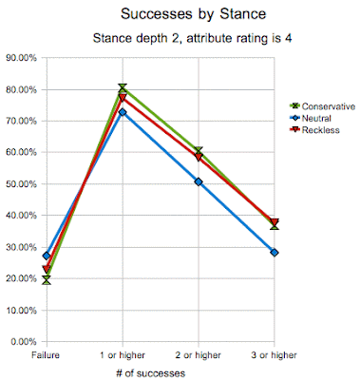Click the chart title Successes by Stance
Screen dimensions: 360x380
(193, 14)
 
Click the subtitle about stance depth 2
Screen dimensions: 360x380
(192, 38)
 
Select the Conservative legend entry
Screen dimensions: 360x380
(323, 106)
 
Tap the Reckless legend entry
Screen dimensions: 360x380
(314, 130)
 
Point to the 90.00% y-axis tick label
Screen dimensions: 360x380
(21, 58)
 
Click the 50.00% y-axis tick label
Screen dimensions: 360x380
(21, 184)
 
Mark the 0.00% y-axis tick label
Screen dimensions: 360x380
(24, 342)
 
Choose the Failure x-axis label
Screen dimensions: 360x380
(46, 355)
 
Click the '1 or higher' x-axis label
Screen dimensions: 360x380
(123, 355)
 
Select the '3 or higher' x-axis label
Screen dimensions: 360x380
(275, 355)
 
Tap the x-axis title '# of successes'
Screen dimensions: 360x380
(150, 373)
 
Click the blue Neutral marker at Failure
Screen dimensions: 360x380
(47, 256)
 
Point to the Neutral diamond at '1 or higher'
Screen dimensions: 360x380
(123, 112)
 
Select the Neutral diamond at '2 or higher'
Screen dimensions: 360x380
(199, 182)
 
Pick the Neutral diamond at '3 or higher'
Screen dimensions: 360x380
(275, 253)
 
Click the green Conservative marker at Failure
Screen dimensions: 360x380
(47, 280)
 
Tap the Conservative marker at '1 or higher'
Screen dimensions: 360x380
(123, 87)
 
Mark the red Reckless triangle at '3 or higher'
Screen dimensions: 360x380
(275, 221)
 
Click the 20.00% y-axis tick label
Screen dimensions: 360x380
(21, 278)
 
